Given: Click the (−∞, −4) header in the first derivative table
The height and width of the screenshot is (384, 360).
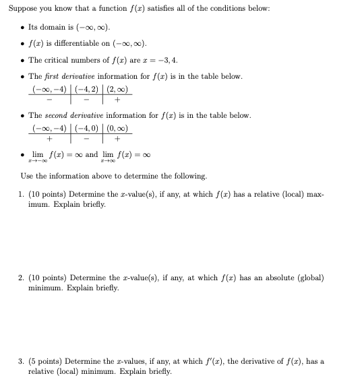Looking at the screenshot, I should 49,90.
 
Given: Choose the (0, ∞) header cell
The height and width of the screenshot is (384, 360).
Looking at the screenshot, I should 115,129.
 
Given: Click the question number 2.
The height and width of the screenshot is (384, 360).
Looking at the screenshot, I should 21,278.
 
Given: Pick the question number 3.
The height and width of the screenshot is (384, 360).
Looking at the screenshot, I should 21,362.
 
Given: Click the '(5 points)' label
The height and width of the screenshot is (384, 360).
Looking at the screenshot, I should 44,362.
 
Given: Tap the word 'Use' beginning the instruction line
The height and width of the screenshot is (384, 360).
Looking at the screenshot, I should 25,176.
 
